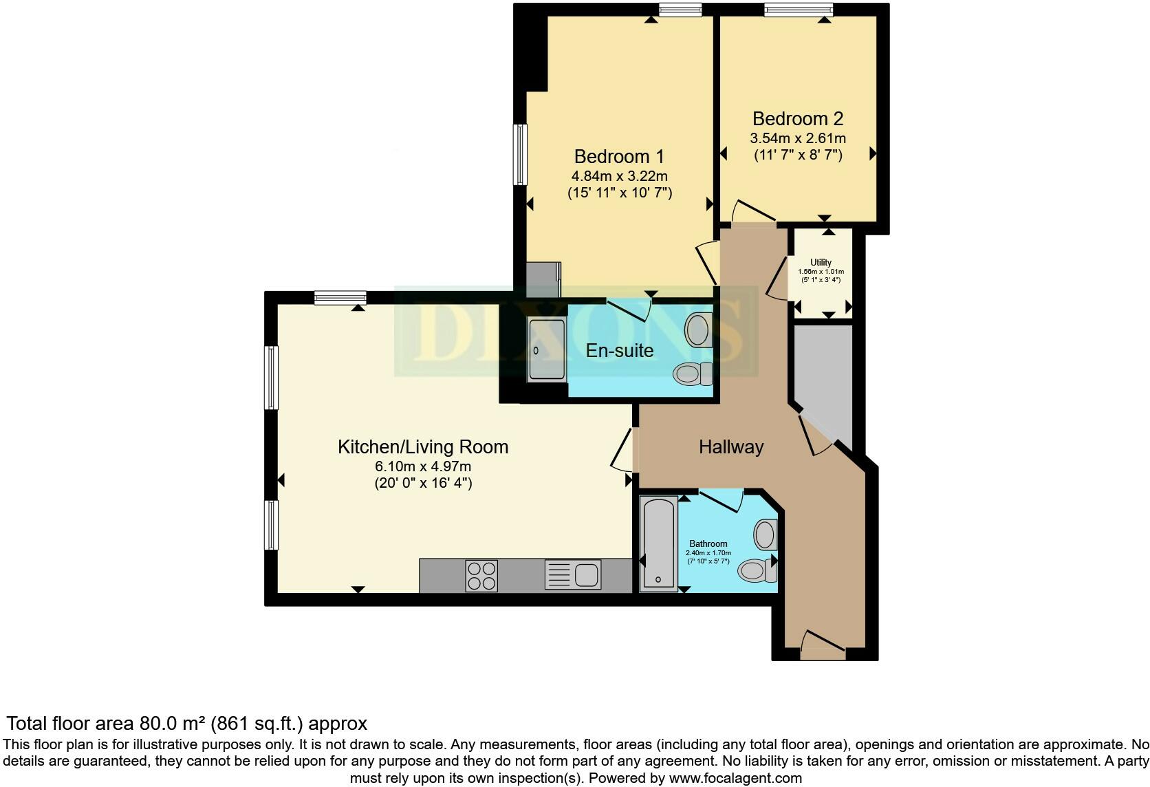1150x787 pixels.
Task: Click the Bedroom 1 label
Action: click(x=619, y=156)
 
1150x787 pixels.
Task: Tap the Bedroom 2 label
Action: click(x=797, y=118)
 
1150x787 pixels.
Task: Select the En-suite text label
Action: click(x=619, y=351)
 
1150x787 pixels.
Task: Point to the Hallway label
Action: click(x=730, y=447)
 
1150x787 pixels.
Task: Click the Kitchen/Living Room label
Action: click(x=422, y=447)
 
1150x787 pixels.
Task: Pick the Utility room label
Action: click(x=821, y=262)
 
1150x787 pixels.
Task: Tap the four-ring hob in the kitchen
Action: click(x=481, y=576)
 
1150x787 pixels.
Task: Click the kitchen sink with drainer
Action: click(x=573, y=575)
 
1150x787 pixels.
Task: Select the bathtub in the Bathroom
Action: click(x=658, y=543)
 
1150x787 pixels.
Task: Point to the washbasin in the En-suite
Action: click(x=697, y=330)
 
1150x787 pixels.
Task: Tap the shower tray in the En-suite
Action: click(x=546, y=351)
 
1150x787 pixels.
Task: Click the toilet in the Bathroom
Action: click(x=755, y=570)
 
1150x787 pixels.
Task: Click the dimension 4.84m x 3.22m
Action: click(x=619, y=176)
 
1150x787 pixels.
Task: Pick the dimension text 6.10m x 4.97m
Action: click(x=422, y=466)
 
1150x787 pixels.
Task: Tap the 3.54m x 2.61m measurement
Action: click(x=797, y=138)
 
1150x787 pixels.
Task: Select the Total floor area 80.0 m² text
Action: click(x=186, y=723)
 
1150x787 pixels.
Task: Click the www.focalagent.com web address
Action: click(x=735, y=778)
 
